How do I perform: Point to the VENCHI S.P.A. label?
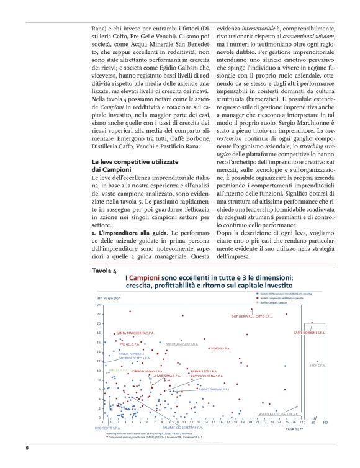point(218,348)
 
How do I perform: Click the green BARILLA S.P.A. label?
point(119,370)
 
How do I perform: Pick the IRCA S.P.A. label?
point(317,366)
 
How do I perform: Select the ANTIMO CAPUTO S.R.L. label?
point(181,343)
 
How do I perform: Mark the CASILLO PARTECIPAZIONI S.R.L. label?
point(279,413)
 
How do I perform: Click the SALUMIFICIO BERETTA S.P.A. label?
point(183,428)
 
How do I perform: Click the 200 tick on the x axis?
point(325,422)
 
